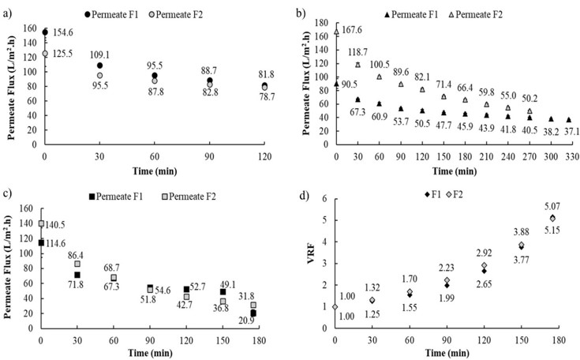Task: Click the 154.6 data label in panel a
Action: [63, 32]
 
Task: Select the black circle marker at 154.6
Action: [45, 32]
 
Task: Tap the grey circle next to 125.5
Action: [45, 54]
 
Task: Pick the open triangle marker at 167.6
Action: [337, 32]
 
